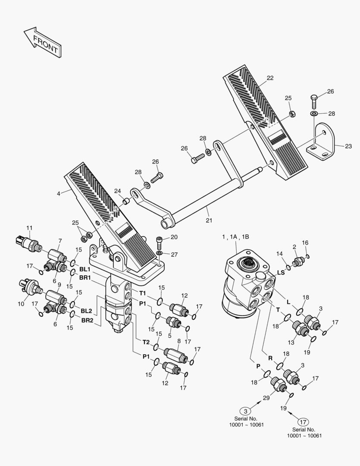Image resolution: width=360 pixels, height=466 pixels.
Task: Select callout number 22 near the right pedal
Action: click(270, 78)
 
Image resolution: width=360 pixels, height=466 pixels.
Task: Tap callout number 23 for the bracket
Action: click(348, 146)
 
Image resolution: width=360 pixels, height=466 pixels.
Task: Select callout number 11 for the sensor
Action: click(29, 228)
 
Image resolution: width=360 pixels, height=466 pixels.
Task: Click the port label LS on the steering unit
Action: click(280, 273)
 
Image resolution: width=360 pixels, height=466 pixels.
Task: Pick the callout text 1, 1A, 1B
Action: click(236, 236)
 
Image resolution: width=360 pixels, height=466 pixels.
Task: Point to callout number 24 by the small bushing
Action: click(118, 192)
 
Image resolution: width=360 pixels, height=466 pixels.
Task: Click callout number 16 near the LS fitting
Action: click(306, 243)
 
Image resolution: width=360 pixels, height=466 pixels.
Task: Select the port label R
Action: click(270, 358)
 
